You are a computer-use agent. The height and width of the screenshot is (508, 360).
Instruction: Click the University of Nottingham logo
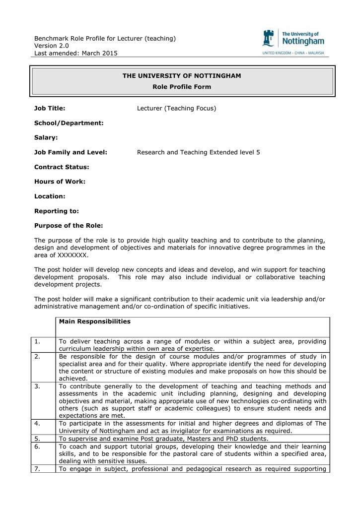pos(293,42)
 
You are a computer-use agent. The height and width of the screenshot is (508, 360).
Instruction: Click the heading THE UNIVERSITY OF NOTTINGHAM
pos(182,76)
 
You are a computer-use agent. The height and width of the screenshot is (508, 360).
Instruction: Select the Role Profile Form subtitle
pos(182,87)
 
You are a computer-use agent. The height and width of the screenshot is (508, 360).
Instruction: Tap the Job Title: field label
pos(50,108)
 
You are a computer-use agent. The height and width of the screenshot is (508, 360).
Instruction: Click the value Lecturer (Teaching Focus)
pos(176,108)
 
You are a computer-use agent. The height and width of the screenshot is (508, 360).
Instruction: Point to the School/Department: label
pos(69,123)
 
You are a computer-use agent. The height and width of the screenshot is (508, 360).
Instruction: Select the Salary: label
pos(46,137)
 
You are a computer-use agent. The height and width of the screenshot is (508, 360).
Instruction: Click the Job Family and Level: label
pos(71,152)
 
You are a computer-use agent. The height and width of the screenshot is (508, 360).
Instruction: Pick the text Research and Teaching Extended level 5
pos(198,152)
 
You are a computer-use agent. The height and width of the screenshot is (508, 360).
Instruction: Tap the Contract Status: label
pos(62,167)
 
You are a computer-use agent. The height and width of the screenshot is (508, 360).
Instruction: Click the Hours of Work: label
pos(60,182)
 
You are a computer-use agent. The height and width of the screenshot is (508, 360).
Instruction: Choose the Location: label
pos(50,196)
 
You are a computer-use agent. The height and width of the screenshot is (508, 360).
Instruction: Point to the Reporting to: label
pos(56,211)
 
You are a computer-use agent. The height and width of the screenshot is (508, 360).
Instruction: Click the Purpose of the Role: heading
pos(69,226)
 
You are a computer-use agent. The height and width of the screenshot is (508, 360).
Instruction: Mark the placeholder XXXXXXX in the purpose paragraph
pos(72,255)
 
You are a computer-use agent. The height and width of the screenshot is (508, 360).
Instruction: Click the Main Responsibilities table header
pos(95,321)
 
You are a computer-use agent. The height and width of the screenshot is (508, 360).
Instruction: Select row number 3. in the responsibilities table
pos(39,386)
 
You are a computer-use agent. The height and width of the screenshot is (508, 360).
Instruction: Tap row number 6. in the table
pos(39,446)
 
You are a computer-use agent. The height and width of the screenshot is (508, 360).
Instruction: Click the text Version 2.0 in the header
pos(51,46)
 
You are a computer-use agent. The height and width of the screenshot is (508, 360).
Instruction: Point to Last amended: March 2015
pos(75,54)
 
